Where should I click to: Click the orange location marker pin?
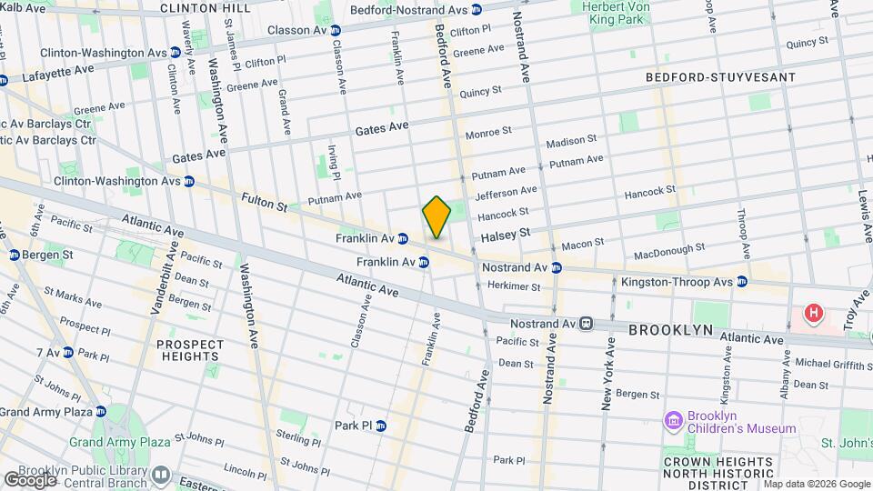[x=436, y=217]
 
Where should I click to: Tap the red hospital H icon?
[x=813, y=315]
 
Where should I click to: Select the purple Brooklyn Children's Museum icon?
[x=673, y=420]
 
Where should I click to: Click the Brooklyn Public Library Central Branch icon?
[x=161, y=474]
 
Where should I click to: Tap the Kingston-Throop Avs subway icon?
[x=742, y=282]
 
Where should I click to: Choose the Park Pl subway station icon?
[x=381, y=425]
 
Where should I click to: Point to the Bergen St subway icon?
[x=15, y=255]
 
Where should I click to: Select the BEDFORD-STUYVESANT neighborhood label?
[x=720, y=78]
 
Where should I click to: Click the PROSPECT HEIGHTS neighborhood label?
[x=189, y=352]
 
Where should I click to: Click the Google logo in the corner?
[x=30, y=478]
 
